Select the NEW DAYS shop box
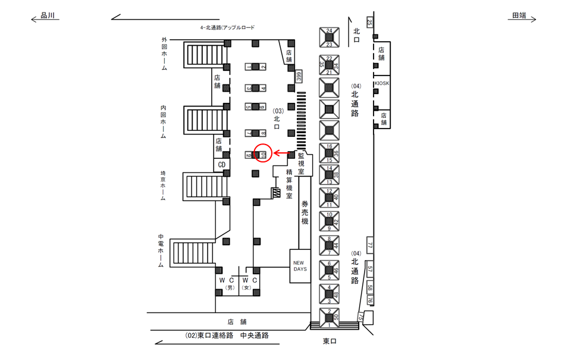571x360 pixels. point(299,265)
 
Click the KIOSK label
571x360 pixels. point(381,84)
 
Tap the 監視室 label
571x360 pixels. point(302,162)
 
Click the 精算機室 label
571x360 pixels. point(288,183)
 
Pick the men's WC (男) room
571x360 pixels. point(227,283)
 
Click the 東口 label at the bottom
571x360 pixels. point(331,341)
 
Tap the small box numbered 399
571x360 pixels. point(299,76)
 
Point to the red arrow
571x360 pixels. point(283,154)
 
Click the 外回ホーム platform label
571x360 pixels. point(164,54)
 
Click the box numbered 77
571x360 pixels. point(369,245)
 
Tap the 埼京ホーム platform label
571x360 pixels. point(163,186)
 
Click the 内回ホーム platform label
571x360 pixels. point(163,122)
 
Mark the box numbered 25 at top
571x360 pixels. point(369,23)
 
